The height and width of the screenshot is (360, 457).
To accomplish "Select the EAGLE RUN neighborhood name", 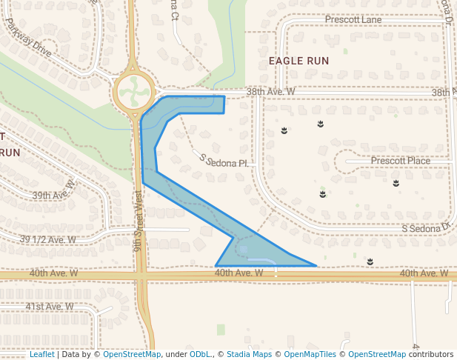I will pyautogui.click(x=298, y=60).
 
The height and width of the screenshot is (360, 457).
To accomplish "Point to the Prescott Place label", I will pyautogui.click(x=400, y=161).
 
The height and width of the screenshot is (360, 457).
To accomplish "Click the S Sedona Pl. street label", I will pyautogui.click(x=222, y=160).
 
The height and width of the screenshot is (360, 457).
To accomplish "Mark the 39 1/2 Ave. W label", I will pyautogui.click(x=48, y=240).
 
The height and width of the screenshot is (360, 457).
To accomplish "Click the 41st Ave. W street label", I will pyautogui.click(x=49, y=306).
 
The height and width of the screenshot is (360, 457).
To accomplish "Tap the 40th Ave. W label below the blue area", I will pyautogui.click(x=238, y=273).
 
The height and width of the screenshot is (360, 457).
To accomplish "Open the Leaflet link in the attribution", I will pyautogui.click(x=42, y=355).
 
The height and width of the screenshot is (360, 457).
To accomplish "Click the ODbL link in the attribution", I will pyautogui.click(x=200, y=355).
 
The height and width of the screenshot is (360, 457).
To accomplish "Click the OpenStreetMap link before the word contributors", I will pyautogui.click(x=376, y=355).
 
